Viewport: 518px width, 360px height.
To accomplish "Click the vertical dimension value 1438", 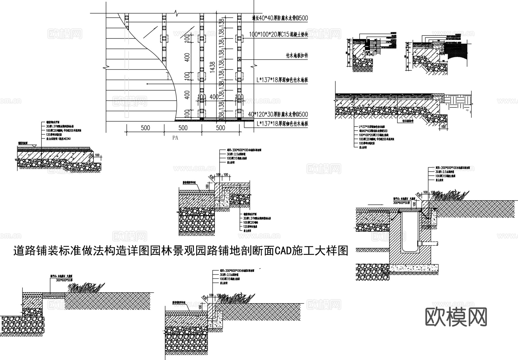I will click(212, 67).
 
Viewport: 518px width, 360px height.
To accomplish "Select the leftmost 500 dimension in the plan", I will click(145, 128).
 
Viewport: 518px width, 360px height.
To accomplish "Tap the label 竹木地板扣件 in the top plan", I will click(296, 56).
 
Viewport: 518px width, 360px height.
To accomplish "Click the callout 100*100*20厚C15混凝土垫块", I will click(278, 35).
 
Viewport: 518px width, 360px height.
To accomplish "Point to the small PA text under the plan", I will click(175, 138).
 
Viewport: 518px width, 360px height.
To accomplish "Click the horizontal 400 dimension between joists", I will click(214, 97).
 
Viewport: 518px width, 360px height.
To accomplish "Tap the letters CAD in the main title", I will click(283, 251).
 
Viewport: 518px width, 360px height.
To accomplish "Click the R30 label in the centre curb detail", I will click(212, 177).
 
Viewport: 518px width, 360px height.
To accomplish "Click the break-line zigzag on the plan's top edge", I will click(176, 13).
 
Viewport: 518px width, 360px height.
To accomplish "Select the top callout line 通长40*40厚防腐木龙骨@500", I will click(280, 18).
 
